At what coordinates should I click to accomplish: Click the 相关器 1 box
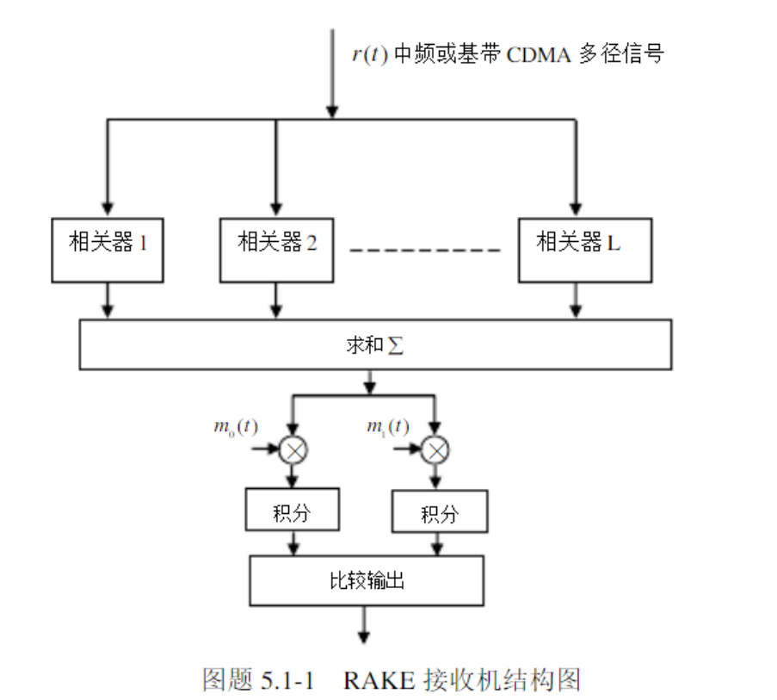click(108, 249)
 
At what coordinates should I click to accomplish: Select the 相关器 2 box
click(276, 249)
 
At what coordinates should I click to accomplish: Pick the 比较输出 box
click(367, 579)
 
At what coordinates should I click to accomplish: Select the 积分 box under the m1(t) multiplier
click(439, 514)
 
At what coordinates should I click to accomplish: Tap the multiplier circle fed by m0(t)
click(294, 449)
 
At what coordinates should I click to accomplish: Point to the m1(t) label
click(387, 428)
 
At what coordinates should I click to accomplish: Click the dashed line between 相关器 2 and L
click(424, 251)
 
